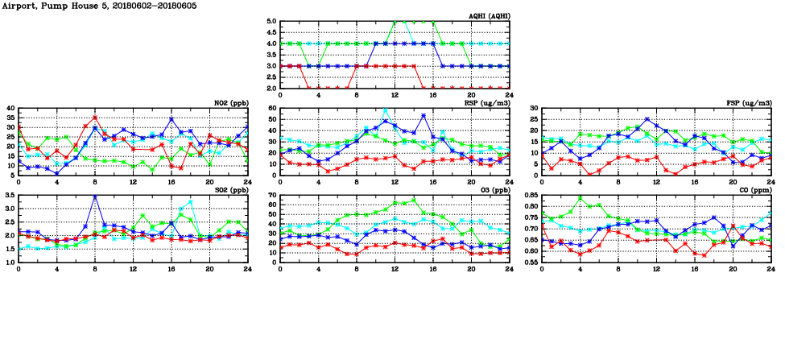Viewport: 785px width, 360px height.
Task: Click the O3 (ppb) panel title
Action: (494, 190)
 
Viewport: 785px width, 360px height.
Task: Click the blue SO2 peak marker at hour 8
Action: (95, 197)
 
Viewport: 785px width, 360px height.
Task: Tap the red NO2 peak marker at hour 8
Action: (95, 118)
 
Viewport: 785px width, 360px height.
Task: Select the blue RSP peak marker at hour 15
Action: (423, 116)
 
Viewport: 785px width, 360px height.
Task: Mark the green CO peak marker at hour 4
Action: (580, 198)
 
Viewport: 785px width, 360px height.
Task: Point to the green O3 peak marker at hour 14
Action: (414, 200)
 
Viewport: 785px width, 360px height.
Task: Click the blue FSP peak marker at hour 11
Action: (647, 119)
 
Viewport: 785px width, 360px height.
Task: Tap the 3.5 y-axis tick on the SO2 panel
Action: (10, 195)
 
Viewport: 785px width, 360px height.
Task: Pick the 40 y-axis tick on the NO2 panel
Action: (10, 108)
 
